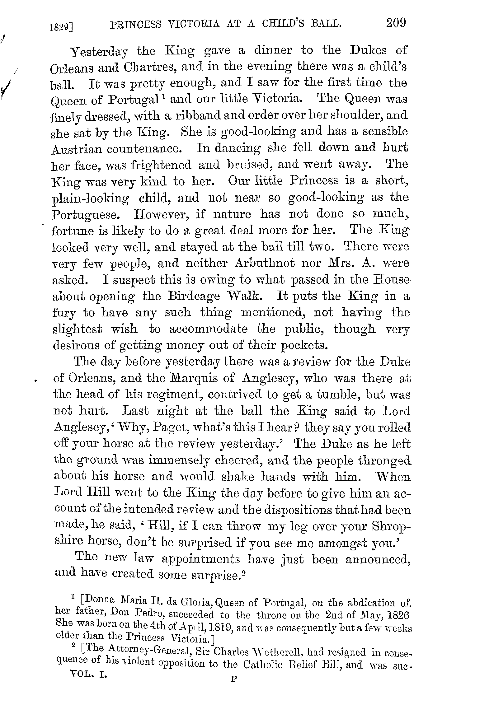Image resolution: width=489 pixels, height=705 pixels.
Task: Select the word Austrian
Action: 76,149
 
